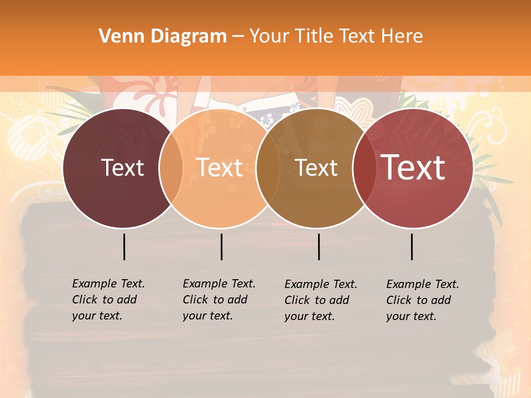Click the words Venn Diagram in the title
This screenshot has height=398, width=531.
[163, 36]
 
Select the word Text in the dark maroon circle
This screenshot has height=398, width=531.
[122, 168]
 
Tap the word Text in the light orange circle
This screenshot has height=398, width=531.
[220, 167]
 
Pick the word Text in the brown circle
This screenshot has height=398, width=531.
[316, 168]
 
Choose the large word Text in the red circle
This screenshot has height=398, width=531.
[413, 167]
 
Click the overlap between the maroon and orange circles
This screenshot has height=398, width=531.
[171, 168]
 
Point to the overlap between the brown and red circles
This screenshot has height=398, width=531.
[365, 168]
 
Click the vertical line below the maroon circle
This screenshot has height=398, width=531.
[124, 247]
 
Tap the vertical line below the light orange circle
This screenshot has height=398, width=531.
[221, 247]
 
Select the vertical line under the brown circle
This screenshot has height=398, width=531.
[319, 247]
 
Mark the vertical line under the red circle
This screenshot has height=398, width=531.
[412, 247]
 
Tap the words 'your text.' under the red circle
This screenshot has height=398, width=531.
[411, 316]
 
